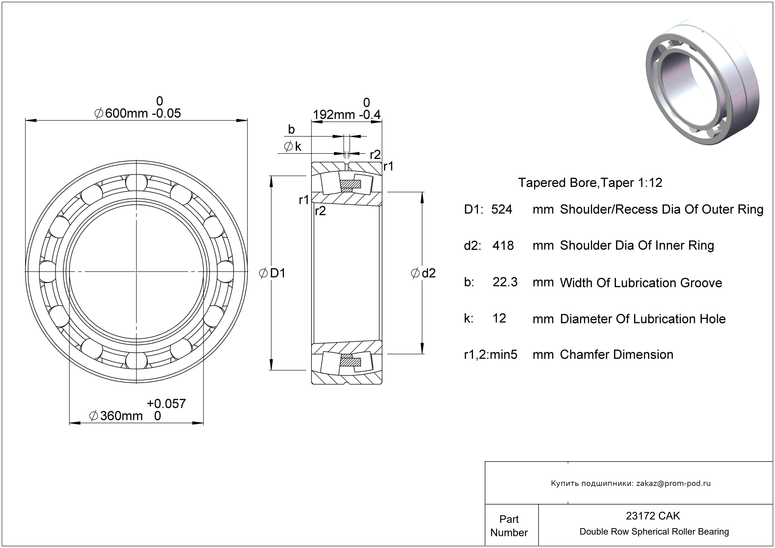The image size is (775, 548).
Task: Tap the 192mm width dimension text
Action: coord(334,115)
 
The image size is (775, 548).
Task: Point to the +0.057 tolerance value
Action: coord(166,403)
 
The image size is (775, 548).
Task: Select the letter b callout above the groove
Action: coord(291,129)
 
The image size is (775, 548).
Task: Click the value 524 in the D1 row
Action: coord(501,210)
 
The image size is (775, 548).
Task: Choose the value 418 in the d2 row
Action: coord(503,246)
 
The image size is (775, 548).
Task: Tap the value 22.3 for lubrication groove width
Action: coord(505,282)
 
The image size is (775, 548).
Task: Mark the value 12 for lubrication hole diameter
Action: coord(499,318)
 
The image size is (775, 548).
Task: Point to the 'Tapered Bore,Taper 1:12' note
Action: coord(590,183)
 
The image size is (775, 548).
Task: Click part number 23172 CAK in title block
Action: coord(653,516)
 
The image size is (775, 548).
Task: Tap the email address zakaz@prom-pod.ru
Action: coord(673,483)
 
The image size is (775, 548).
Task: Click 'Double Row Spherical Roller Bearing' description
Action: coord(654,532)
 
